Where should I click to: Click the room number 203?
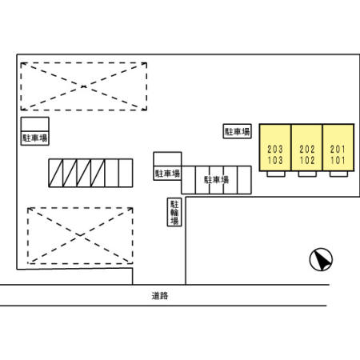[x=275, y=149]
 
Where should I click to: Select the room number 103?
[x=275, y=160]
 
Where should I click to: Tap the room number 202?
[x=307, y=149]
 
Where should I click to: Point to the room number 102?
[x=307, y=160]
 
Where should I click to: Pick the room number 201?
[x=338, y=149]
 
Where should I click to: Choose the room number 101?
[x=338, y=160]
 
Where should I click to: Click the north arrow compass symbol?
[x=321, y=259]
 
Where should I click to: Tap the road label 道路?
[x=159, y=296]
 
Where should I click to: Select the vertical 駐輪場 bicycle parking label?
[x=174, y=212]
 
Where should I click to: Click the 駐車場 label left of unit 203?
[x=237, y=131]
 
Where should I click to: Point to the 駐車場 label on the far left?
[x=35, y=138]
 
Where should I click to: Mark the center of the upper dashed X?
[x=84, y=86]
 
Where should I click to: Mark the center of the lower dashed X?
[x=80, y=235]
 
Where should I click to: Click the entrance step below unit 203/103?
[x=276, y=174]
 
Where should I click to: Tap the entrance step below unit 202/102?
[x=307, y=174]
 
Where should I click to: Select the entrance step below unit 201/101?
[x=338, y=174]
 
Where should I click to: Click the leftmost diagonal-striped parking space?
[x=56, y=173]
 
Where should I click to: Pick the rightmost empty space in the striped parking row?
[x=126, y=173]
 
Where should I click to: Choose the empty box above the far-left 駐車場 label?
[x=35, y=124]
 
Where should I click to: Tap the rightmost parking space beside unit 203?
[x=244, y=180]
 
